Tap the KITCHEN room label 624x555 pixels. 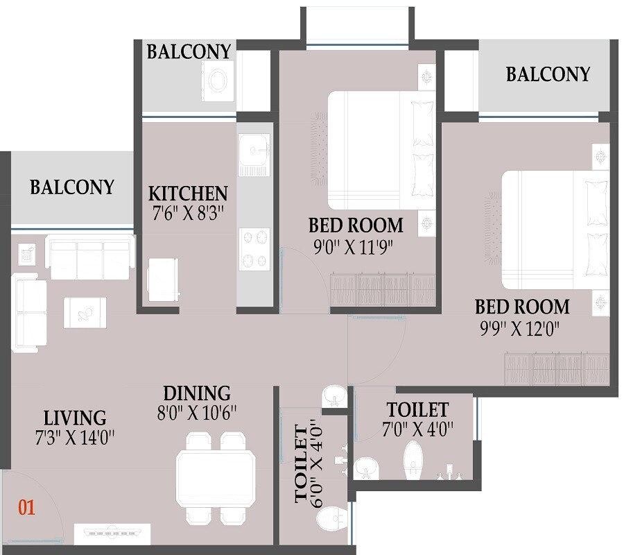(x=188, y=193)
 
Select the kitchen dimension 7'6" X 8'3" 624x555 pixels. (x=188, y=212)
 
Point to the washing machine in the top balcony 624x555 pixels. (x=217, y=80)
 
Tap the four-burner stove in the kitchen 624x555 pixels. (x=254, y=249)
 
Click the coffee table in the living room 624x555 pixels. (x=85, y=312)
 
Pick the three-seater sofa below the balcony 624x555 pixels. (x=89, y=257)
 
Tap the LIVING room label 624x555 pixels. (x=75, y=418)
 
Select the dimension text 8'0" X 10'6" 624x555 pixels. (x=196, y=412)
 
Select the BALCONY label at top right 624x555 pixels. (x=548, y=74)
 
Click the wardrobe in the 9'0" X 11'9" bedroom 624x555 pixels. (x=383, y=289)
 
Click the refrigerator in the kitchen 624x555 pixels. (x=164, y=280)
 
